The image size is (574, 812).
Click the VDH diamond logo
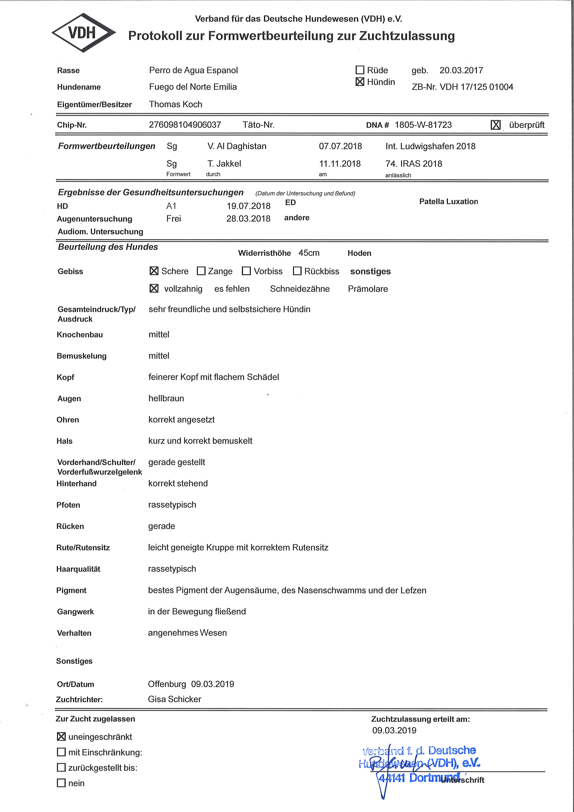pyautogui.click(x=83, y=33)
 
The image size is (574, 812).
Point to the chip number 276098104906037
pyautogui.click(x=185, y=125)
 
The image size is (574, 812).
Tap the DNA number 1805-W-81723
pyautogui.click(x=423, y=125)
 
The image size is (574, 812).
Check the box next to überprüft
pyautogui.click(x=496, y=125)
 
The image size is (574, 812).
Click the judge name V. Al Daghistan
pyautogui.click(x=237, y=146)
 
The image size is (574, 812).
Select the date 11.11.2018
pyautogui.click(x=340, y=164)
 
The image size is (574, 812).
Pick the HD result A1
pyautogui.click(x=172, y=206)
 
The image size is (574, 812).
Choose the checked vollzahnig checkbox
pyautogui.click(x=154, y=288)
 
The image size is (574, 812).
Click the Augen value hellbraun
pyautogui.click(x=166, y=398)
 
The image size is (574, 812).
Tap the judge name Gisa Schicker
pyautogui.click(x=175, y=699)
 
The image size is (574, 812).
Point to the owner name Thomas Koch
pyautogui.click(x=176, y=104)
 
